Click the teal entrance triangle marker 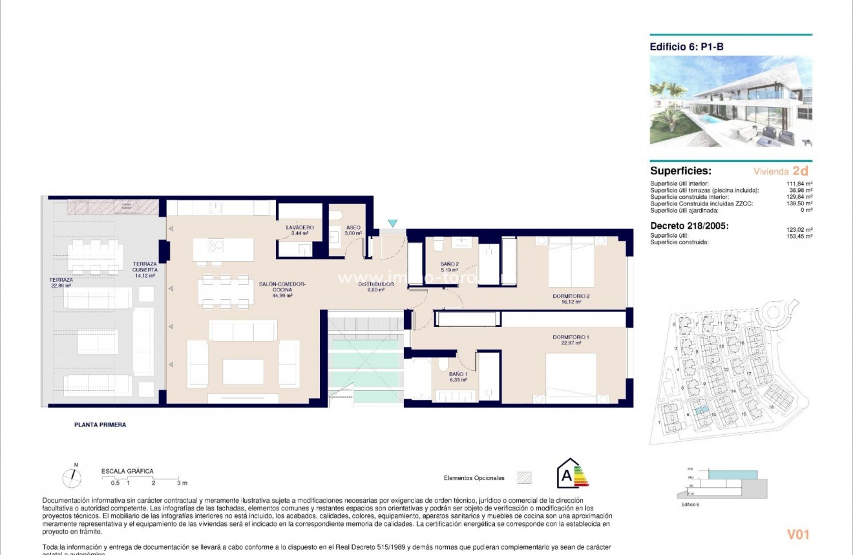(393, 224)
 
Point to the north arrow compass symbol (72, 477)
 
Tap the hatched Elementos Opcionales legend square (525, 477)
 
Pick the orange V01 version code (797, 534)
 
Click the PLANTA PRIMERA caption (100, 425)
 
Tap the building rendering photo (731, 101)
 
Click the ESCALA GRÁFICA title (127, 472)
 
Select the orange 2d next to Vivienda (800, 171)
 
